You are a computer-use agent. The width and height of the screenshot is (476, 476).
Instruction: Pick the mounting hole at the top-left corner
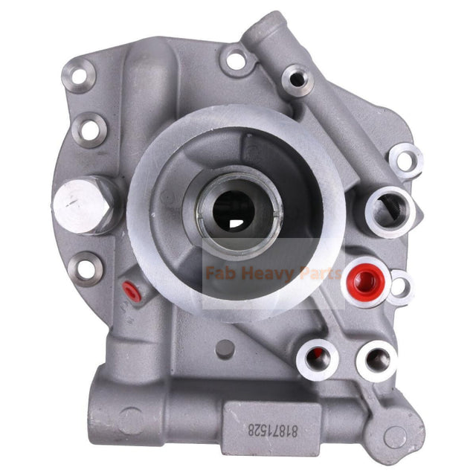80,74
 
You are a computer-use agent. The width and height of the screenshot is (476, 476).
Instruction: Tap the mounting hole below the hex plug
88,268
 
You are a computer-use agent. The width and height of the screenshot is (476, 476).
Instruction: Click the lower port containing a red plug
317,356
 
